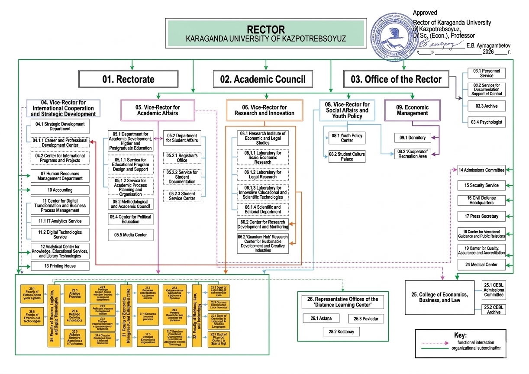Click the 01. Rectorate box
pyautogui.click(x=128, y=79)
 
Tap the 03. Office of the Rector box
pyautogui.click(x=396, y=79)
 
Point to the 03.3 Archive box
pyautogui.click(x=485, y=106)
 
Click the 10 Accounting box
pyautogui.click(x=60, y=190)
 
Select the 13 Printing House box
pyautogui.click(x=60, y=266)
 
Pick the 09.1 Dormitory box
pyautogui.click(x=412, y=138)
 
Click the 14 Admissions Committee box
pyautogui.click(x=481, y=170)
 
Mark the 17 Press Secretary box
pyautogui.click(x=481, y=216)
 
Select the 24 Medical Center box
pyautogui.click(x=481, y=264)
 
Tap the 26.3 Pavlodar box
pyautogui.click(x=366, y=319)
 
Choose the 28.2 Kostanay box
pyautogui.click(x=341, y=332)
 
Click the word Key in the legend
pyautogui.click(x=460, y=335)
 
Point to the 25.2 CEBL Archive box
pyautogui.click(x=494, y=310)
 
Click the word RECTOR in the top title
pyautogui.click(x=266, y=29)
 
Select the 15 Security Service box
pyautogui.click(x=481, y=185)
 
